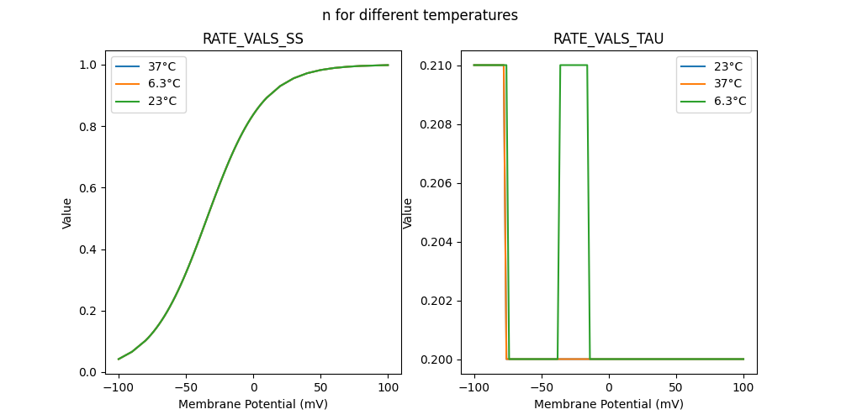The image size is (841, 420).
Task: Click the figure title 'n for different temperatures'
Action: click(420, 15)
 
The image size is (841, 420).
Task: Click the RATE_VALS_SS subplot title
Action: click(253, 39)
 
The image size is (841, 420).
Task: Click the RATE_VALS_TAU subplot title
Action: click(608, 39)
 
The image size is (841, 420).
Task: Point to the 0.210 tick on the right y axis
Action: click(438, 66)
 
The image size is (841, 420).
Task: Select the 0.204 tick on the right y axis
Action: click(438, 242)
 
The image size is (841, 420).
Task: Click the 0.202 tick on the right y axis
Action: click(438, 301)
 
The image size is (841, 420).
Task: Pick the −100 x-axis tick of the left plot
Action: click(119, 387)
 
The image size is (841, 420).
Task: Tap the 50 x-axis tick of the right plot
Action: click(675, 387)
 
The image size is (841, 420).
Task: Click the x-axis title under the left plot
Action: click(253, 404)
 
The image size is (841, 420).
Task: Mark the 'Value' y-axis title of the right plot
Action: click(408, 213)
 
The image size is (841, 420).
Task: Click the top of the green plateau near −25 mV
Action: click(574, 65)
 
